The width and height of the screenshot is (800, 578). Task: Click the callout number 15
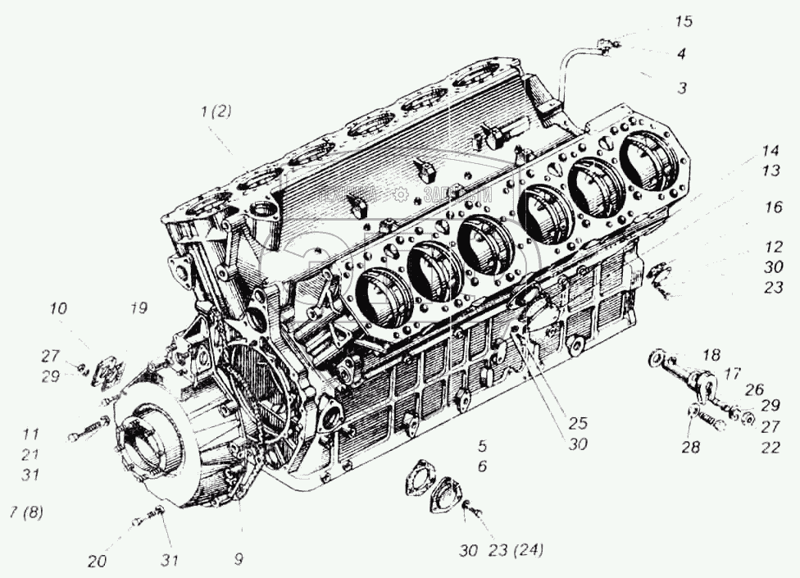(683, 22)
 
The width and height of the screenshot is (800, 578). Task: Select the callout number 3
(681, 88)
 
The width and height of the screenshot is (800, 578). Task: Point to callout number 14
(768, 152)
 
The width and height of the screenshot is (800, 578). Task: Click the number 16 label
(773, 208)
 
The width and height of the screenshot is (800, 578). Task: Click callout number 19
(138, 309)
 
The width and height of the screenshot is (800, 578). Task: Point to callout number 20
(98, 562)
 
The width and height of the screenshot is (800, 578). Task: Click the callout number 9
(238, 561)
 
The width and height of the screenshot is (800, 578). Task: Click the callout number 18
(711, 354)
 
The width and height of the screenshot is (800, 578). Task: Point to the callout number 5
(482, 447)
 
